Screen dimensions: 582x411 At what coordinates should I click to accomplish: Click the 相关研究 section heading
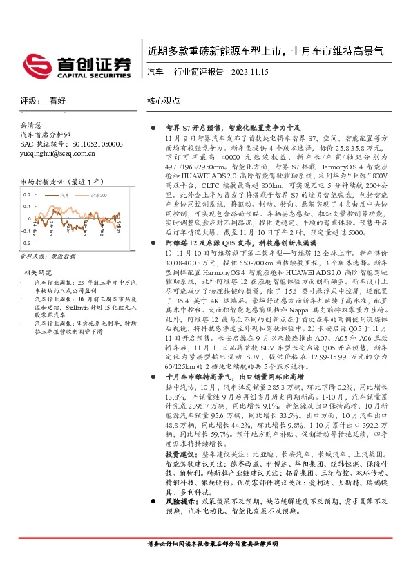pos(37,272)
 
